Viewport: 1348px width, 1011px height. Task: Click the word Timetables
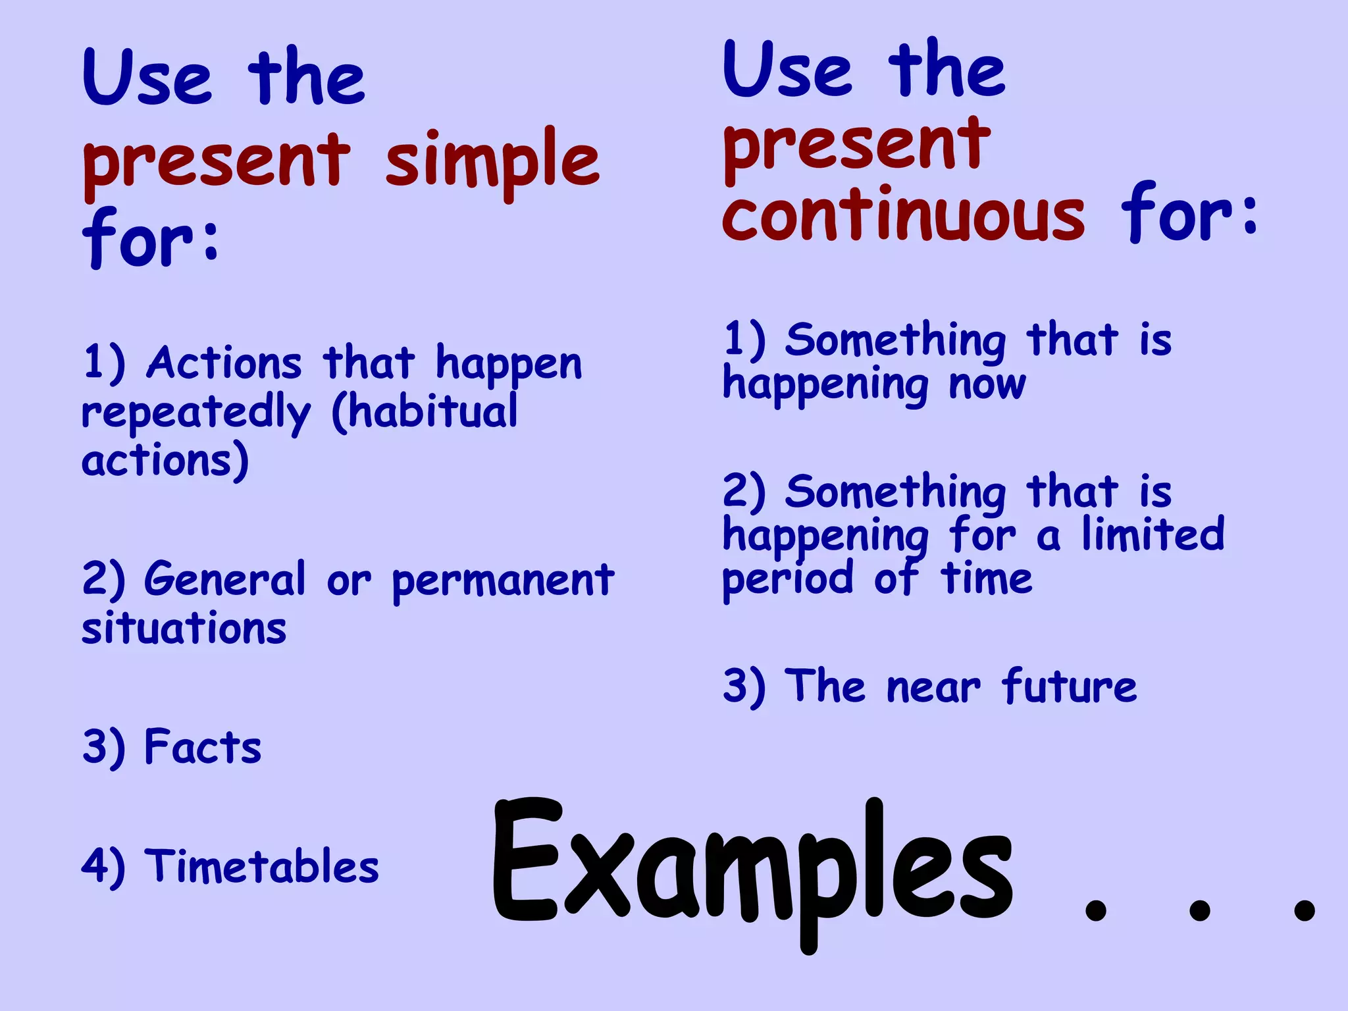click(261, 866)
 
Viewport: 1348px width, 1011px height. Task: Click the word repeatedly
click(195, 413)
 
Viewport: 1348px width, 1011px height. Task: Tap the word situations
click(184, 628)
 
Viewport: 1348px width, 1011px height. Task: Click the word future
click(1069, 687)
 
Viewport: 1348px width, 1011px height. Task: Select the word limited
click(1153, 534)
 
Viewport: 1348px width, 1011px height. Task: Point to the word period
click(788, 579)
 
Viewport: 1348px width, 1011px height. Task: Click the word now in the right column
click(987, 384)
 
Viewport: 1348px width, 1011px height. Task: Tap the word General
click(225, 580)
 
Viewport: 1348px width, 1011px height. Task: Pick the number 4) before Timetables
click(103, 867)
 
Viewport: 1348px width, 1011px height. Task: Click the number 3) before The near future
click(744, 687)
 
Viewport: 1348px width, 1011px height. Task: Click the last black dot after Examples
click(1304, 910)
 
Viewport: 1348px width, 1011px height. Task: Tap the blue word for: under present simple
click(151, 238)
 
